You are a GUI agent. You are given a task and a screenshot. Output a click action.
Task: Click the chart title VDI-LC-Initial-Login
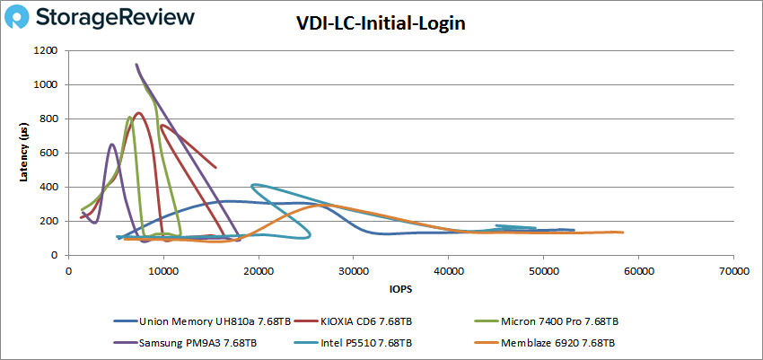click(381, 23)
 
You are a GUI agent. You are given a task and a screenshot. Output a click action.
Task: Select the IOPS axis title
click(400, 290)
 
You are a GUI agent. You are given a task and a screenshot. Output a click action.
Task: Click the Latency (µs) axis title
click(24, 153)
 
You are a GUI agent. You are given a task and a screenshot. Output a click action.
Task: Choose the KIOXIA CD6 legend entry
click(368, 320)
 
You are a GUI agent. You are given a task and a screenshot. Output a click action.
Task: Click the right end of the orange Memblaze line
click(622, 233)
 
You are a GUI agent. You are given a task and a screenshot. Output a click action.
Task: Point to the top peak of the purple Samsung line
click(136, 65)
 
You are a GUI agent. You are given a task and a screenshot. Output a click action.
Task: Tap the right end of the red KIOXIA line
click(215, 167)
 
